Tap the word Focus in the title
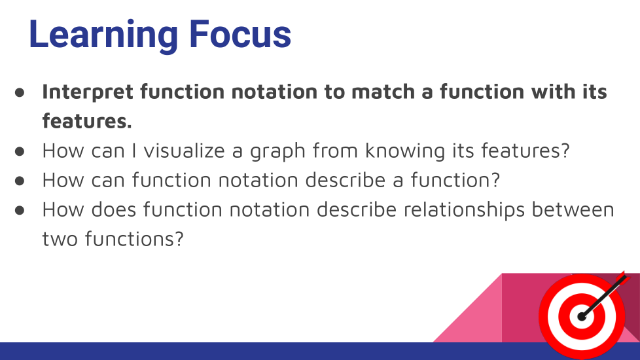click(x=240, y=34)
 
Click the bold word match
click(x=383, y=92)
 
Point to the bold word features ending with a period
click(x=87, y=121)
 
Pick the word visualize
click(x=184, y=150)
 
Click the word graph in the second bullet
click(x=277, y=151)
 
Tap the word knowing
click(x=405, y=151)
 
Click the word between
click(x=573, y=209)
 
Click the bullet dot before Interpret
click(x=20, y=92)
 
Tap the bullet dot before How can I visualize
click(x=20, y=151)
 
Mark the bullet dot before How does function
click(x=20, y=210)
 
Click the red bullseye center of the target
click(x=582, y=316)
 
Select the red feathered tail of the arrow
click(x=623, y=278)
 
